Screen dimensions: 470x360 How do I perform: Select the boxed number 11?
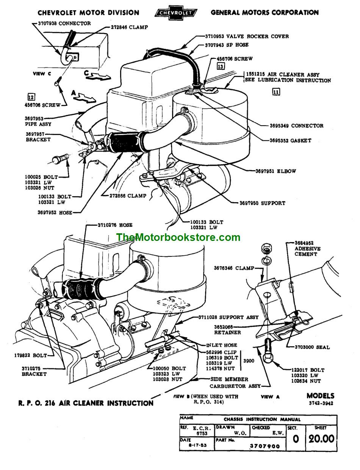[x=276, y=91]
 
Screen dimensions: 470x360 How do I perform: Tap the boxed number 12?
[x=31, y=96]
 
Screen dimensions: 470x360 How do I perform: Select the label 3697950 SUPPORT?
[x=262, y=203]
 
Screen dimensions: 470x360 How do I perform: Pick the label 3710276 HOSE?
[x=115, y=225]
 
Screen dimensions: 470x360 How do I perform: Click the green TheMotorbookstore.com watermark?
[x=178, y=237]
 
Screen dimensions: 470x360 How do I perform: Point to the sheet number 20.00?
[x=321, y=439]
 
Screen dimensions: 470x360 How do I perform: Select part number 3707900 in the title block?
[x=265, y=446]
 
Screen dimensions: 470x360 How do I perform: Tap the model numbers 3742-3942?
[x=320, y=403]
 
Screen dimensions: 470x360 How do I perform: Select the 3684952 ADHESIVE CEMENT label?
[x=307, y=248]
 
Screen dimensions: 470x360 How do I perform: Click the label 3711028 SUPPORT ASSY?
[x=233, y=317]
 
